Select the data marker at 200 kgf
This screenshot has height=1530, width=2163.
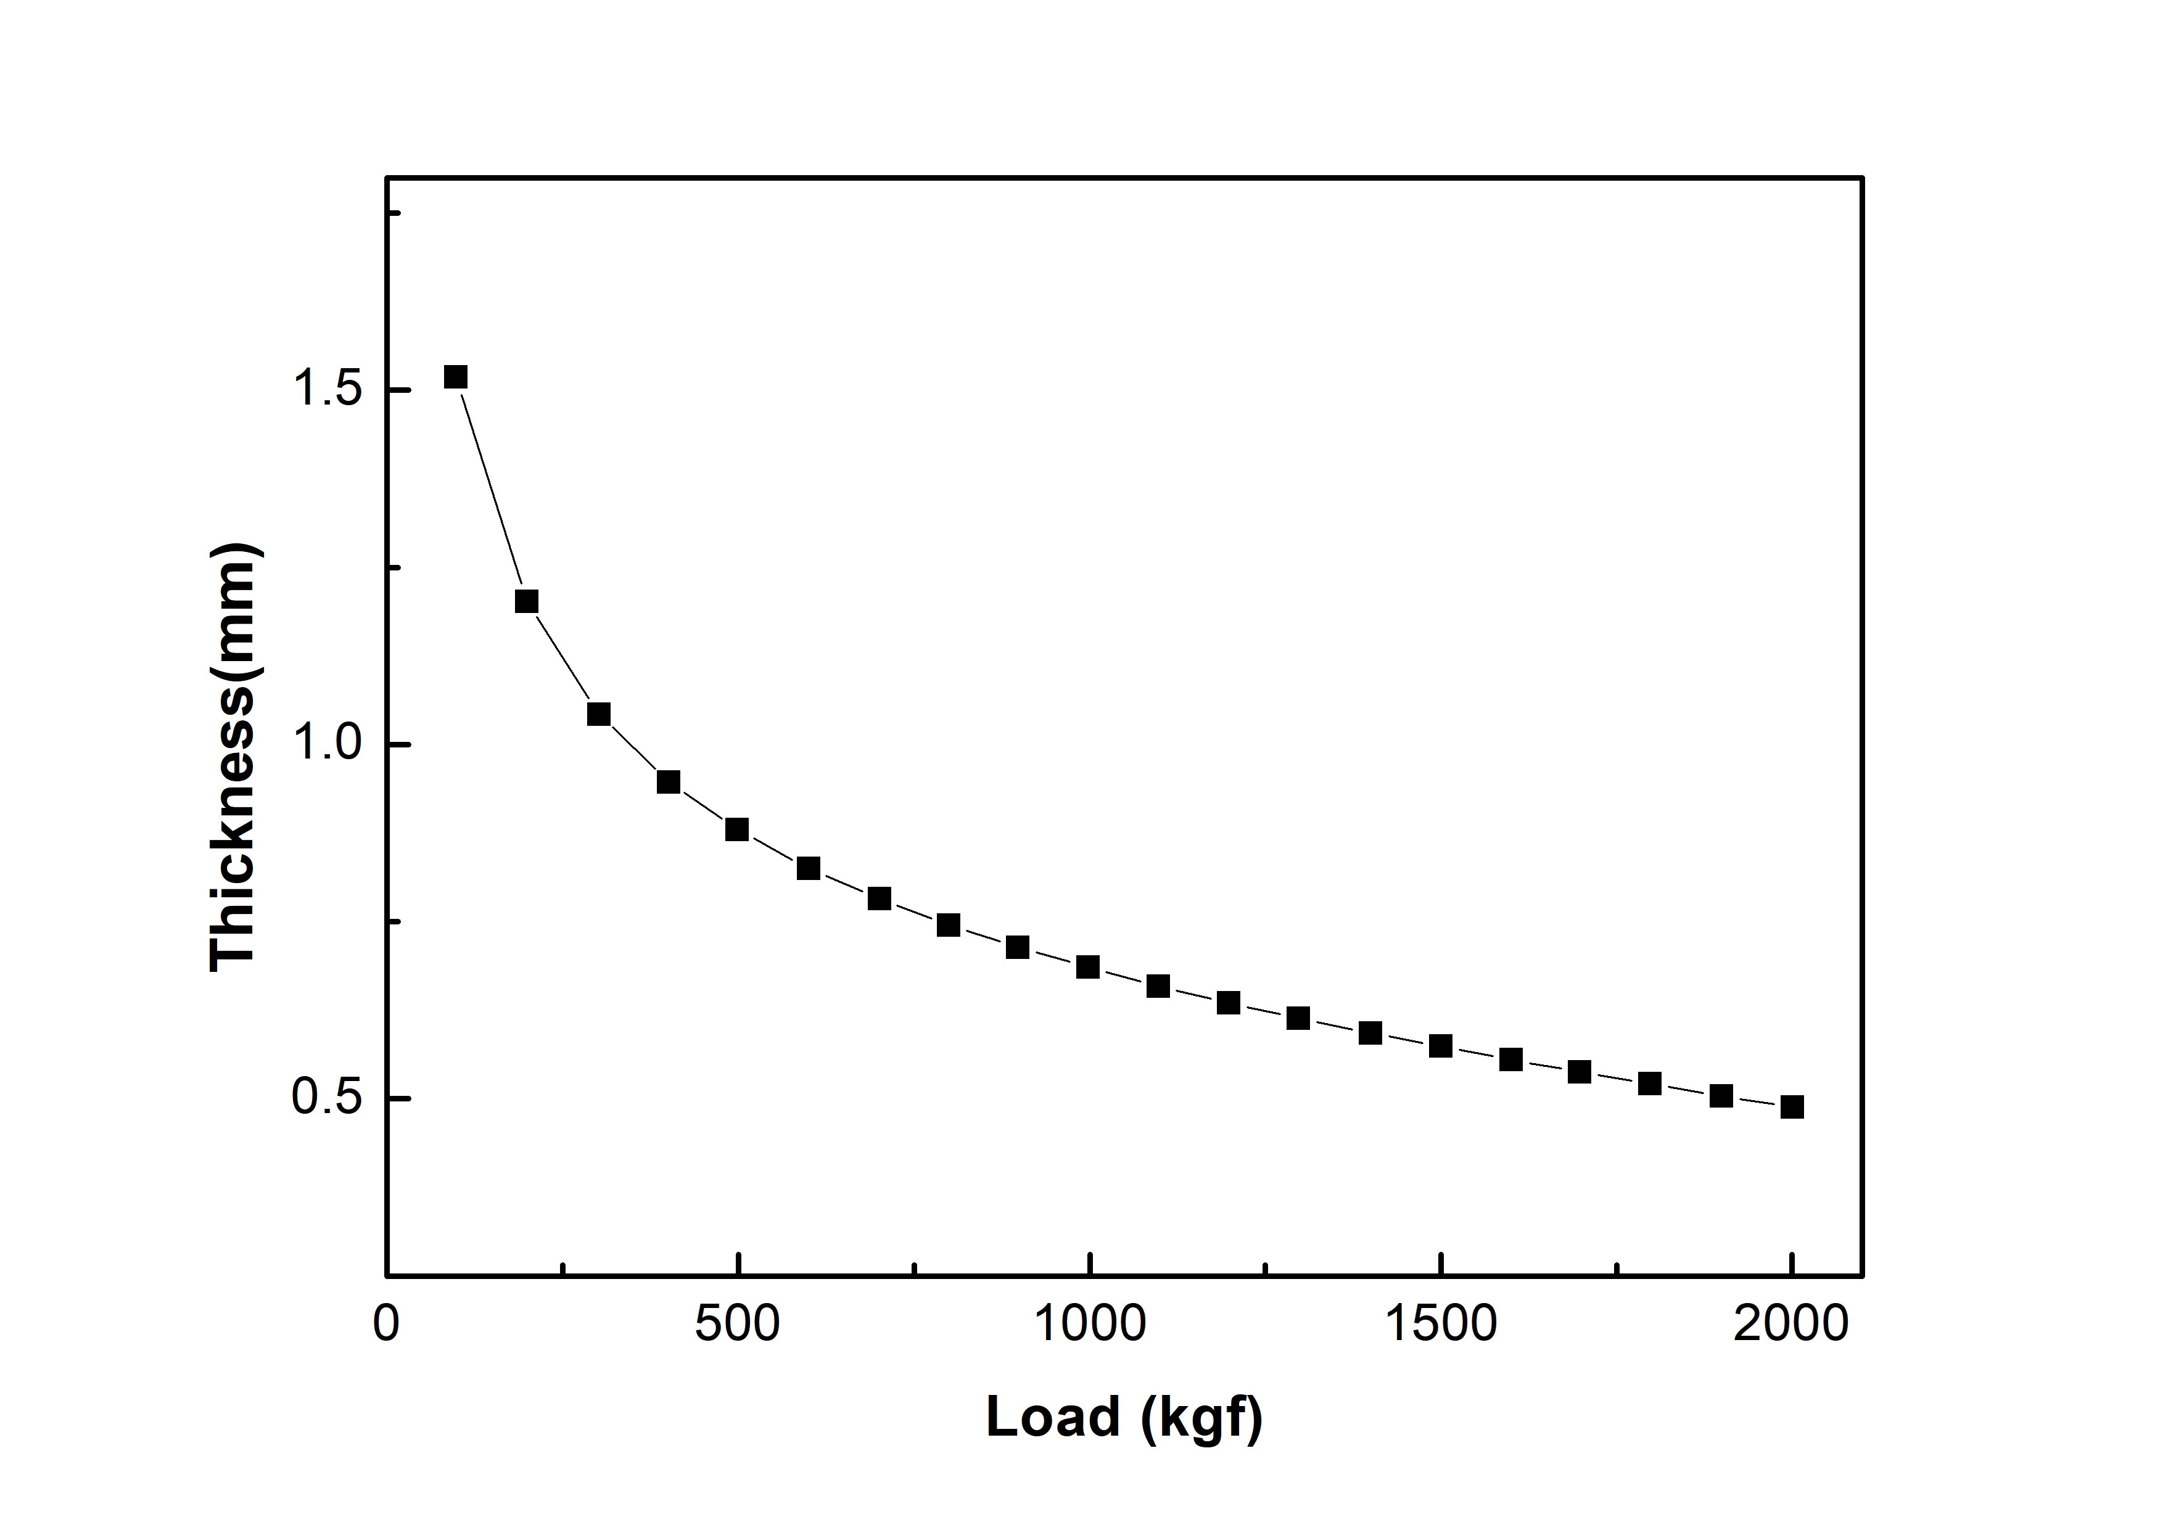527,601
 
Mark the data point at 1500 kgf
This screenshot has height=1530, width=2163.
1440,1047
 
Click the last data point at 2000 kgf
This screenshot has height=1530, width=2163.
1792,1107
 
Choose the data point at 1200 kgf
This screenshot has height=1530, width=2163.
1229,1002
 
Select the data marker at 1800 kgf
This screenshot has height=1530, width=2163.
1650,1084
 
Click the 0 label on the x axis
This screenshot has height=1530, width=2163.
386,1323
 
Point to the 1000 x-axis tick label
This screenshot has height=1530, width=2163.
1090,1323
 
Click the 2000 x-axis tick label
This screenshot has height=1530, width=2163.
1792,1323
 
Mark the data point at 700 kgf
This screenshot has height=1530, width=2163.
879,899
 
